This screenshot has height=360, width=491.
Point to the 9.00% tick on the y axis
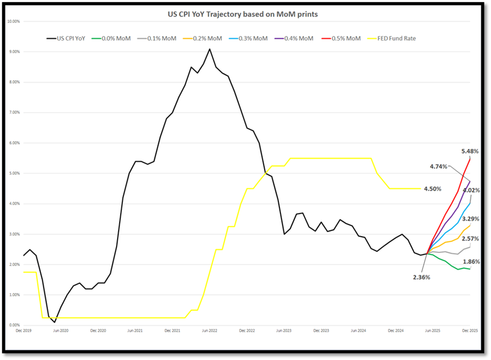[13, 52]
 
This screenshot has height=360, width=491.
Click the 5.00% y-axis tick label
[13, 174]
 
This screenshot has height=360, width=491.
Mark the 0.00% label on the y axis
[13, 326]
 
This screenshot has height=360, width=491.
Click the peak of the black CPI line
[209, 49]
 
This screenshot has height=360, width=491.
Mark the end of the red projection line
[470, 159]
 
